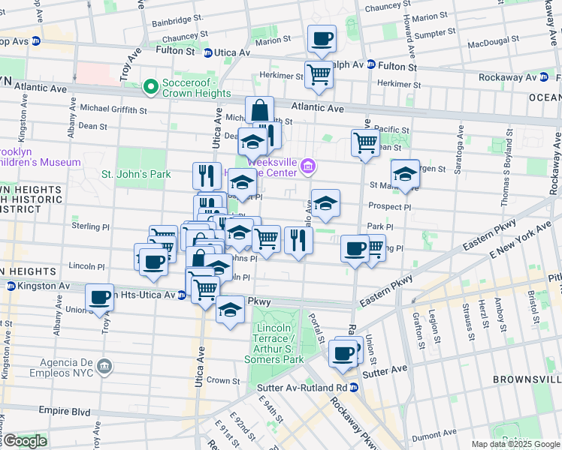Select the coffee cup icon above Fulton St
pos(322,39)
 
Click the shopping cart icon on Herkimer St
pos(319,75)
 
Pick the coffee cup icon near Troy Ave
pos(99,298)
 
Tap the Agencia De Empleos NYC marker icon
pos(104,367)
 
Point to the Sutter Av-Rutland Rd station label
pos(300,387)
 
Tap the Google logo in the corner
pos(24,440)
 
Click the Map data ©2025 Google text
pos(515,444)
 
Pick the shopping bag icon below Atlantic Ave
pos(259,110)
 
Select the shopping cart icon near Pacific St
pos(365,142)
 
